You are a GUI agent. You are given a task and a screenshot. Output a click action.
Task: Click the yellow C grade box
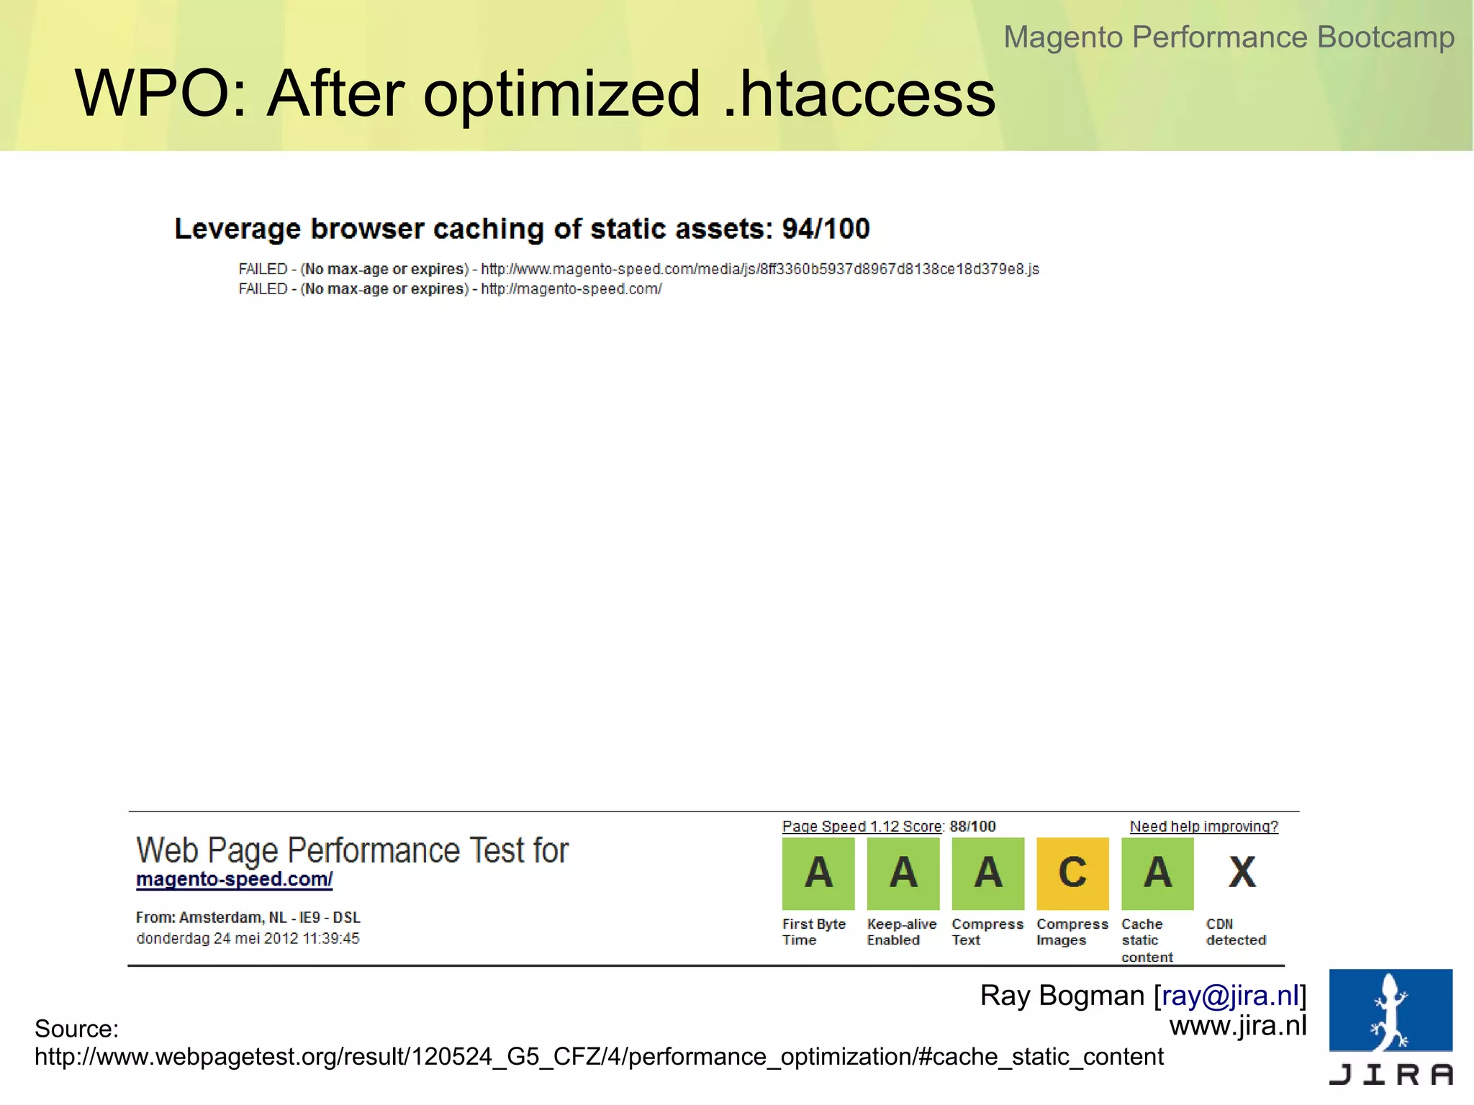point(1072,873)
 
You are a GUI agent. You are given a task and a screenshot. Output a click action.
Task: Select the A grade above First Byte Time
point(818,873)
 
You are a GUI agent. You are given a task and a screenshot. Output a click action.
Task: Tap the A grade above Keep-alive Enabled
point(903,873)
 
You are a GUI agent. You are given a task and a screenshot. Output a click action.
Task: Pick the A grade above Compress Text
point(988,873)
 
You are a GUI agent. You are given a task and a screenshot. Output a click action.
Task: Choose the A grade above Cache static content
point(1157,873)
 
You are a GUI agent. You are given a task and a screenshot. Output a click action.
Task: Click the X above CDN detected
point(1242,873)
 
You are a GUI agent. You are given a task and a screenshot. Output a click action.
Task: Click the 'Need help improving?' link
point(1203,827)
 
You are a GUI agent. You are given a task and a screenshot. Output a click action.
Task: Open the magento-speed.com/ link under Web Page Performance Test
point(235,879)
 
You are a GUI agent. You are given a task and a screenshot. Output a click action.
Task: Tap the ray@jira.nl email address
point(1230,996)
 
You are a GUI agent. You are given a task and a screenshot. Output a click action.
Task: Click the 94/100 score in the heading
point(826,229)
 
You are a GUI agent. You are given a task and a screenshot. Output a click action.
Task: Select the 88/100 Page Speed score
point(972,827)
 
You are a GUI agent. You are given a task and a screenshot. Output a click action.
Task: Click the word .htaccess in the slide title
point(859,94)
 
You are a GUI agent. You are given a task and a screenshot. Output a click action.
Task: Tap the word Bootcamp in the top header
point(1385,37)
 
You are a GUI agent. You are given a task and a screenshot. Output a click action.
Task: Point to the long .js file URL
point(760,269)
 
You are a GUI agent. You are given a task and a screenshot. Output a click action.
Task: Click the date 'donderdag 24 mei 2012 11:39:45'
point(248,938)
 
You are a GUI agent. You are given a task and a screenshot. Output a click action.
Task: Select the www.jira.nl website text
point(1237,1026)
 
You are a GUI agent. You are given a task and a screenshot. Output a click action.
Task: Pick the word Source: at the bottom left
point(76,1029)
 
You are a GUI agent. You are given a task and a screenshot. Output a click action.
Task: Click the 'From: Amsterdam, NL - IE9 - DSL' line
point(248,917)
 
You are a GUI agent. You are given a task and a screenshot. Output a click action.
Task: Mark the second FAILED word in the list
point(263,289)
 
